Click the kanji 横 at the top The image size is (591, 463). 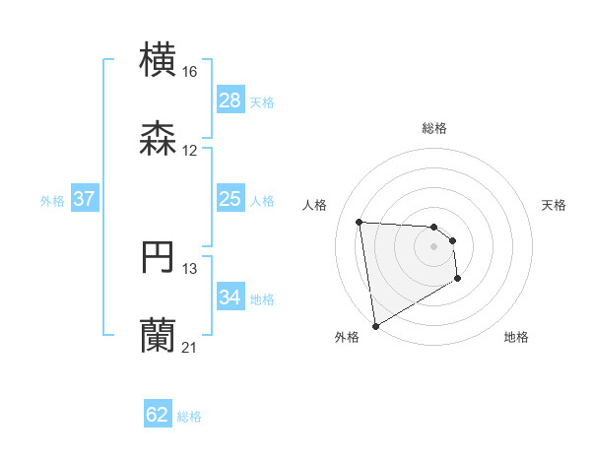(159, 59)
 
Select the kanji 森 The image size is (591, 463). (159, 137)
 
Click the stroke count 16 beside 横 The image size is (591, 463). (189, 72)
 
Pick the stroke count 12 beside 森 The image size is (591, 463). (189, 150)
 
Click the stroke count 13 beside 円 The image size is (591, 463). (189, 269)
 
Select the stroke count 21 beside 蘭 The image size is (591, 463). (189, 347)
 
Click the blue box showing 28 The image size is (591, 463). (230, 100)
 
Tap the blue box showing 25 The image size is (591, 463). (230, 199)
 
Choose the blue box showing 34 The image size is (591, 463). (230, 298)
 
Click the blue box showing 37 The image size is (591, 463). (84, 199)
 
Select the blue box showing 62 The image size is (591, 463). (158, 415)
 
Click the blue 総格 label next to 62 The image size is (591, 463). (189, 417)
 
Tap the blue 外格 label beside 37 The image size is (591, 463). (52, 200)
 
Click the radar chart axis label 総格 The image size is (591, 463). (434, 128)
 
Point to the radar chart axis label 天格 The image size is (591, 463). (555, 205)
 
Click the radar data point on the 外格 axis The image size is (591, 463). (375, 325)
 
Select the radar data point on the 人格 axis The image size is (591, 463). (360, 222)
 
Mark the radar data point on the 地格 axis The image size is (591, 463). (458, 280)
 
